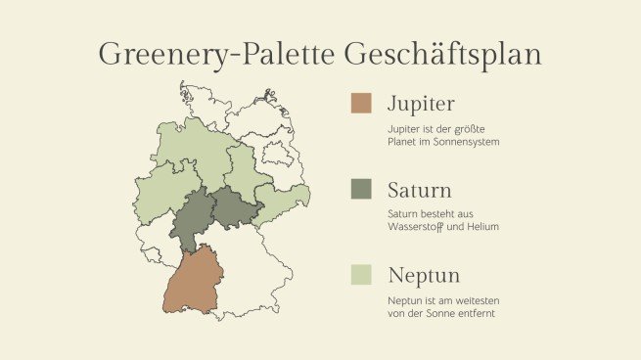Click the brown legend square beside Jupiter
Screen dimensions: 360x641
[361, 104]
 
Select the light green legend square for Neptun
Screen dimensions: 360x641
[361, 275]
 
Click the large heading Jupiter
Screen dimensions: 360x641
[421, 104]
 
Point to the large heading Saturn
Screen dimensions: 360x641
[419, 189]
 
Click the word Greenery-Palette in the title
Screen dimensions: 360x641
[215, 53]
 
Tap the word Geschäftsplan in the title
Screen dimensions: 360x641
[441, 53]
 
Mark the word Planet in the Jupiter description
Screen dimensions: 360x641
[403, 142]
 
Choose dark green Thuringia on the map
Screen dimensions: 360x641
[231, 208]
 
